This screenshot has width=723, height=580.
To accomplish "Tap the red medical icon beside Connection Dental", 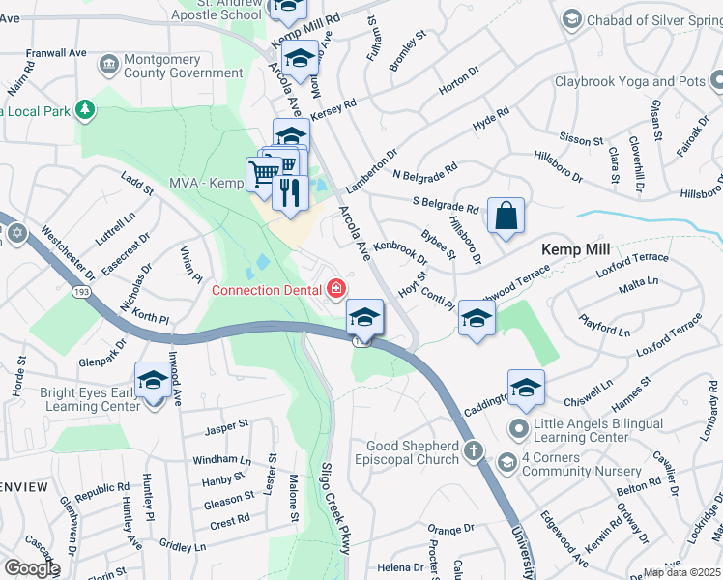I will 336,289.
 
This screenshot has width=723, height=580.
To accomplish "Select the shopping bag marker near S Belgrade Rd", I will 506,217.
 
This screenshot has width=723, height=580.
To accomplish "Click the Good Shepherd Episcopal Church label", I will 406,452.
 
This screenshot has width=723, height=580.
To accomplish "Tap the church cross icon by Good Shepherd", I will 474,449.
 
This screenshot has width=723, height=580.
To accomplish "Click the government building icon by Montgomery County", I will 108,64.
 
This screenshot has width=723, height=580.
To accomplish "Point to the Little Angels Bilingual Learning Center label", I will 600,431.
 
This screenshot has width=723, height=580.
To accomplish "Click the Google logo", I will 32,568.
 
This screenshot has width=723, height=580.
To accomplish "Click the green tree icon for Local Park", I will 86,109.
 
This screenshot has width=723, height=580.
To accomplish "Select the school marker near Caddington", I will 525,388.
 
